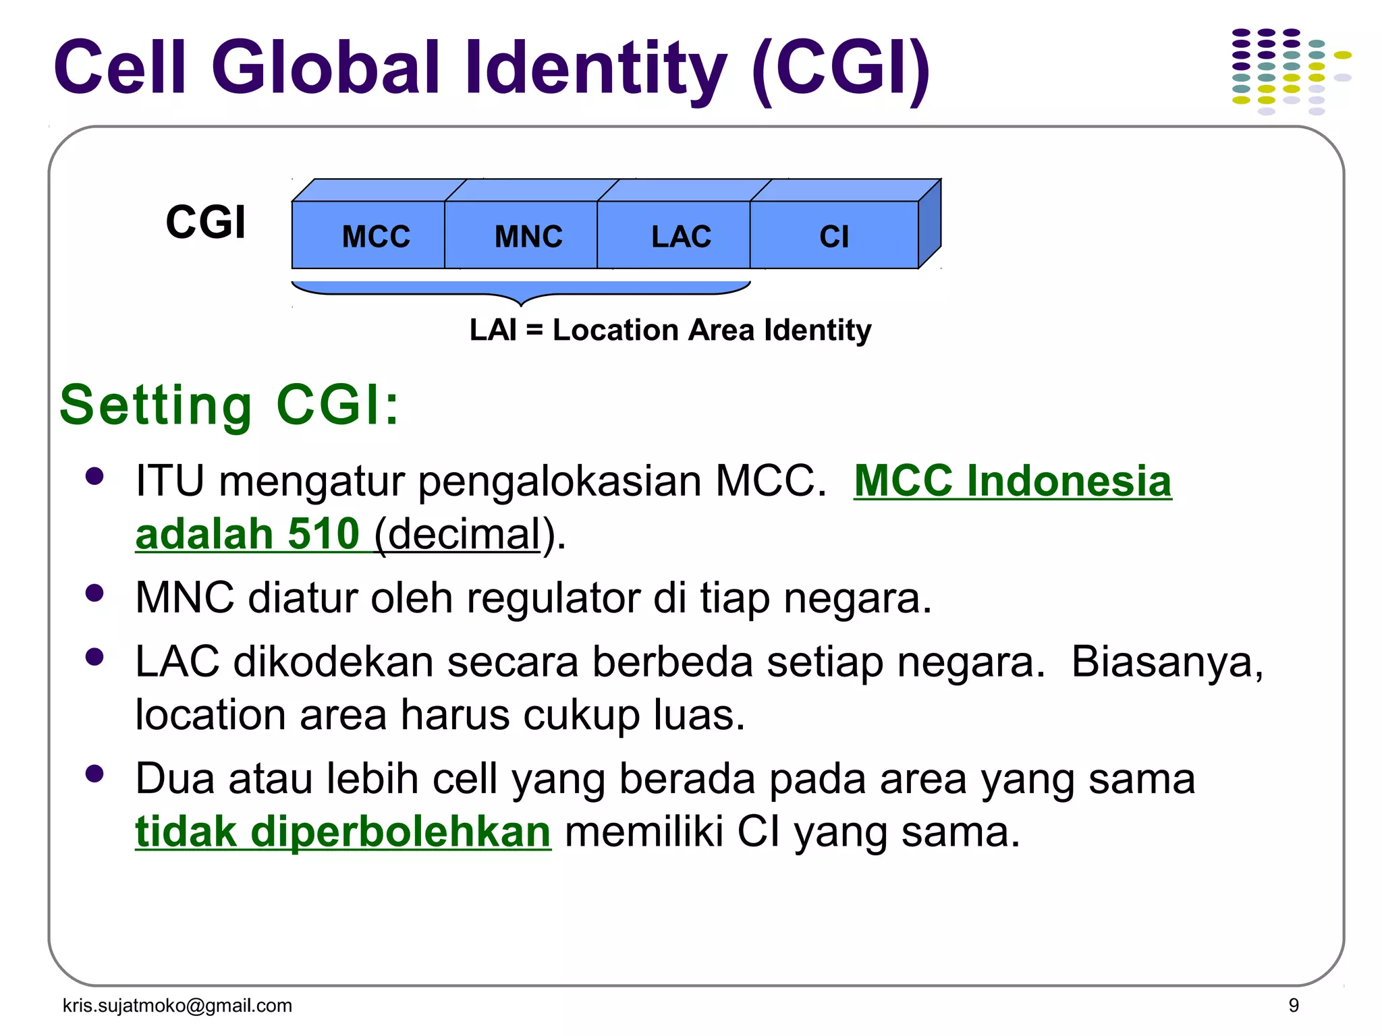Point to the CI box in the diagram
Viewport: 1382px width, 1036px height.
pyautogui.click(x=834, y=235)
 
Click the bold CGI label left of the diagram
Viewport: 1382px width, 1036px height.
pyautogui.click(x=206, y=222)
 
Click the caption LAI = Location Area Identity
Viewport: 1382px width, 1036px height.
pyautogui.click(x=670, y=330)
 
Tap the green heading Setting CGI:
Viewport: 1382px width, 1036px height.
pyautogui.click(x=229, y=405)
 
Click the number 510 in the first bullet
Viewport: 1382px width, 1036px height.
pyautogui.click(x=323, y=534)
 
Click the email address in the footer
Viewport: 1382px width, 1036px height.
pyautogui.click(x=177, y=1006)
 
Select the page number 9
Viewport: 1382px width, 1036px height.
pyautogui.click(x=1294, y=1006)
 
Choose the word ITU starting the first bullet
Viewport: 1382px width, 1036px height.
pyautogui.click(x=169, y=482)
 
